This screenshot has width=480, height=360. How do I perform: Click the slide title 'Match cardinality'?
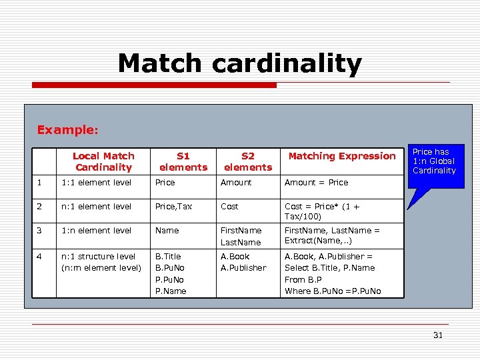(x=239, y=63)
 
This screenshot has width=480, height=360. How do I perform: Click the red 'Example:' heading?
(x=67, y=129)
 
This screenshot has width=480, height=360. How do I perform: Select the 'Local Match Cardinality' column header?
(x=103, y=161)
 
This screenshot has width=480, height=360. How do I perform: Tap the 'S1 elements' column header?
(x=183, y=161)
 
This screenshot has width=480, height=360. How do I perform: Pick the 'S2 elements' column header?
(x=248, y=161)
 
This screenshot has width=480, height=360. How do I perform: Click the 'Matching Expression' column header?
(x=341, y=156)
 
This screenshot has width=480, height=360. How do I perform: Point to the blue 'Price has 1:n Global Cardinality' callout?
(x=434, y=161)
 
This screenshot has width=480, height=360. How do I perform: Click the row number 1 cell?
(x=41, y=182)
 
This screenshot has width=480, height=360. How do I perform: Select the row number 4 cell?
(x=41, y=256)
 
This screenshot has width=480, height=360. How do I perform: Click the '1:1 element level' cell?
(x=96, y=182)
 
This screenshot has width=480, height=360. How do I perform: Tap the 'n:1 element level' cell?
(x=96, y=207)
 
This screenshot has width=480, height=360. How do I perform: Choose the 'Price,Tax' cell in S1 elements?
(x=173, y=207)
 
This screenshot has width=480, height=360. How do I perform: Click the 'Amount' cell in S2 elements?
(x=236, y=182)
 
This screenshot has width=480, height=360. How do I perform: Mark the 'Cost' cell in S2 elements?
(x=230, y=207)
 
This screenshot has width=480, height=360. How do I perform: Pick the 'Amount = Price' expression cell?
(x=316, y=182)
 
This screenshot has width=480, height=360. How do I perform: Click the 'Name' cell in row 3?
(x=167, y=231)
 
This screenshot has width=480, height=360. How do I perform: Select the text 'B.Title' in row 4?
(x=168, y=256)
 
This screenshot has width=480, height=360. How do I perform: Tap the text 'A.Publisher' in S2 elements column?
(x=243, y=268)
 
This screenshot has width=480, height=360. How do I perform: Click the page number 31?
(x=437, y=335)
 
